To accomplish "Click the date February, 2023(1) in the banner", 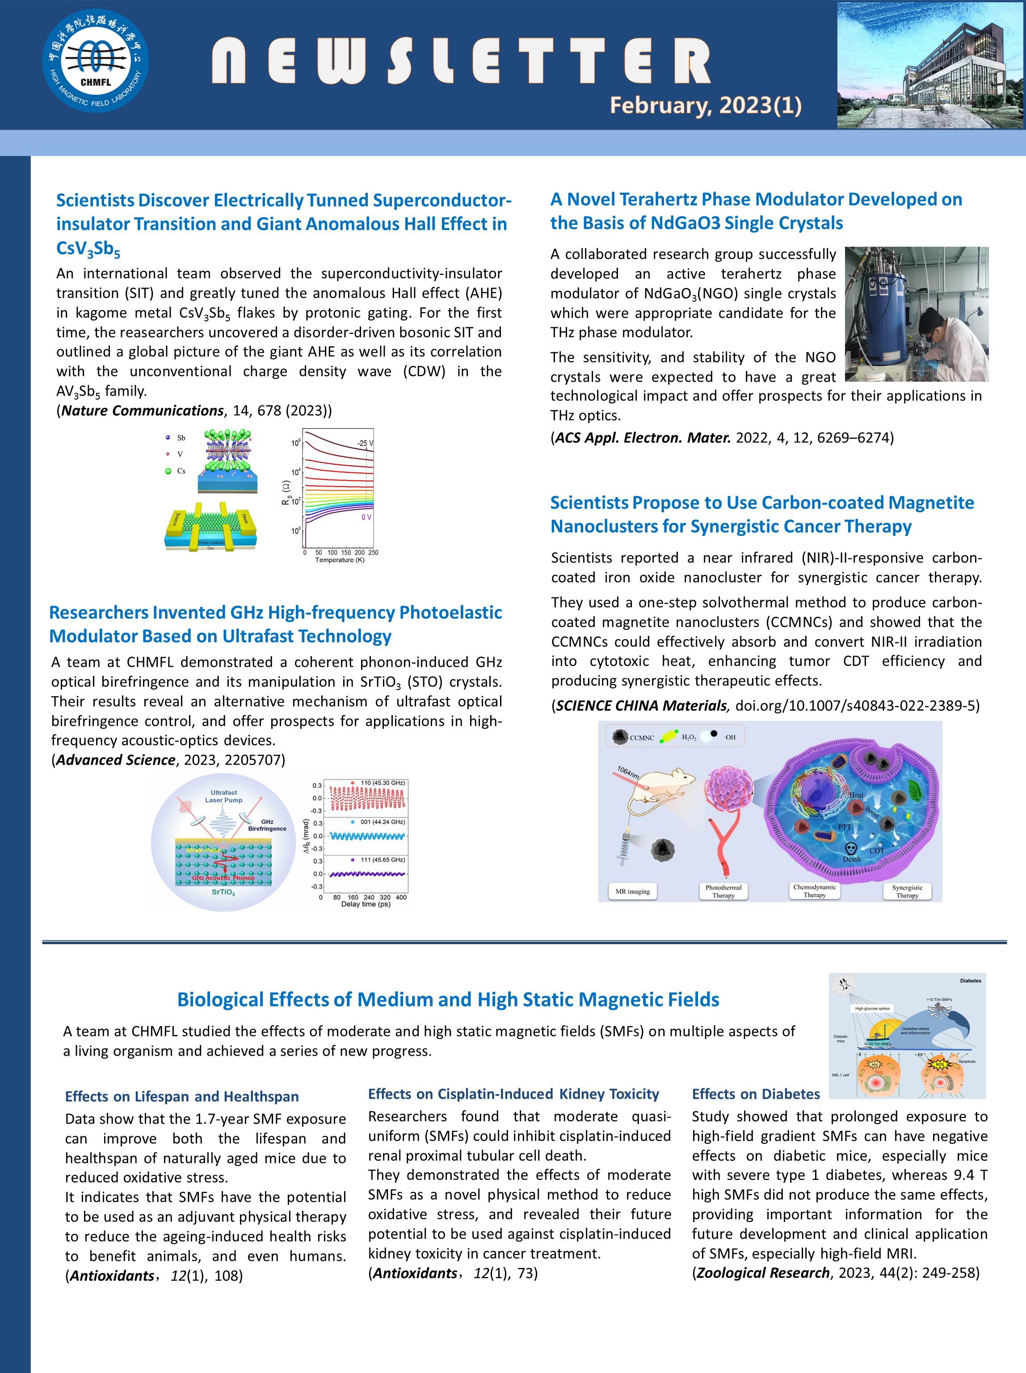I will pyautogui.click(x=705, y=105).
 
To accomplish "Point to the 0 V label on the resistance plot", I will pyautogui.click(x=366, y=516).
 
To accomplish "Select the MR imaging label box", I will pyautogui.click(x=632, y=891).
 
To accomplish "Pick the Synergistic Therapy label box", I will pyautogui.click(x=906, y=891).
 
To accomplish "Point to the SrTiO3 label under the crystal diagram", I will pyautogui.click(x=223, y=892).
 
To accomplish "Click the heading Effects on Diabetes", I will pyautogui.click(x=755, y=1094).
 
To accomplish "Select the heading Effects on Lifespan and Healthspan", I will pyautogui.click(x=182, y=1096).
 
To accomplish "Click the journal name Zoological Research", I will pyautogui.click(x=763, y=1272).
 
